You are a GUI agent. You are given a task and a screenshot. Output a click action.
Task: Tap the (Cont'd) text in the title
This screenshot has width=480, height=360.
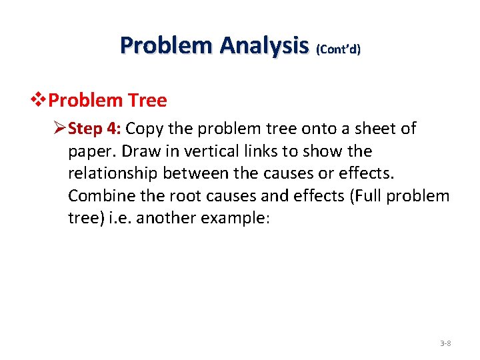coord(338,49)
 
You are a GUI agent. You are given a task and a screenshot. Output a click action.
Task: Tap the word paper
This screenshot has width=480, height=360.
coord(89,151)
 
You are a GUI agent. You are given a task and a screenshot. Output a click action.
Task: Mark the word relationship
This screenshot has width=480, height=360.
coord(112,174)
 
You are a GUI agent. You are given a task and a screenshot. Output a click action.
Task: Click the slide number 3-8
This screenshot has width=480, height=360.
coord(445,343)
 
